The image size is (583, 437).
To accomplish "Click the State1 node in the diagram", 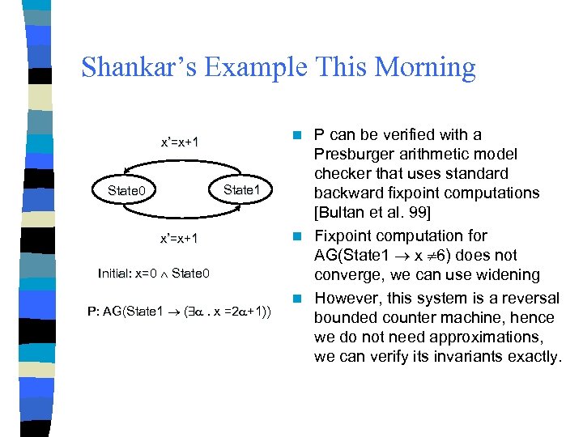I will (243, 189).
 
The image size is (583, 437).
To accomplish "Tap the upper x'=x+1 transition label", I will (180, 143).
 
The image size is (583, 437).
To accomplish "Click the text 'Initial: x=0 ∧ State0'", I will (153, 274).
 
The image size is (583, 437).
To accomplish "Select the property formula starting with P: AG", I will (179, 312).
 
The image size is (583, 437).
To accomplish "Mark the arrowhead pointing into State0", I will (125, 207).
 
